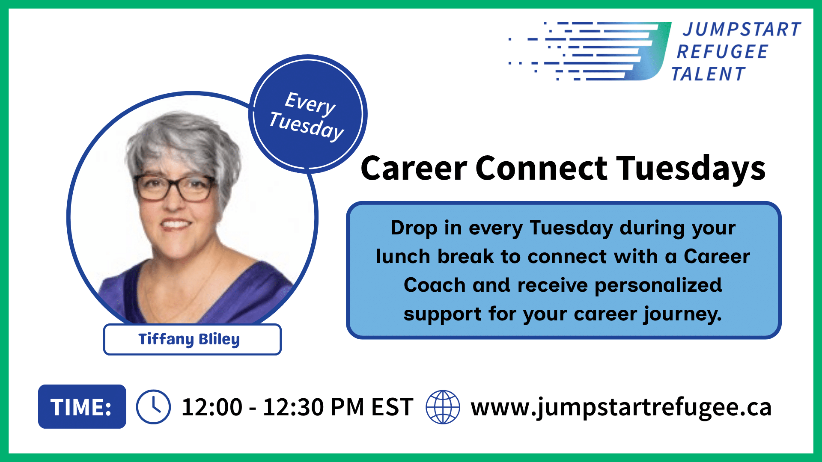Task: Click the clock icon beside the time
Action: [x=153, y=407]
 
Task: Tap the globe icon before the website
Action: [x=443, y=407]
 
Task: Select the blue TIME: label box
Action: [x=82, y=406]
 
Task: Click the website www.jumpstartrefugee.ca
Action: [x=621, y=407]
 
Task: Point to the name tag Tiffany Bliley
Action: [x=192, y=339]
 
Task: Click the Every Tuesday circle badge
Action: [x=308, y=114]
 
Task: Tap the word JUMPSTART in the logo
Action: [x=742, y=30]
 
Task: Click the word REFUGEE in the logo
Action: [x=722, y=52]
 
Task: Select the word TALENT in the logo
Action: [x=708, y=74]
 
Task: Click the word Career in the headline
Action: [x=414, y=168]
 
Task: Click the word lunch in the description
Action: [x=403, y=256]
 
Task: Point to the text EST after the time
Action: [x=392, y=407]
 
